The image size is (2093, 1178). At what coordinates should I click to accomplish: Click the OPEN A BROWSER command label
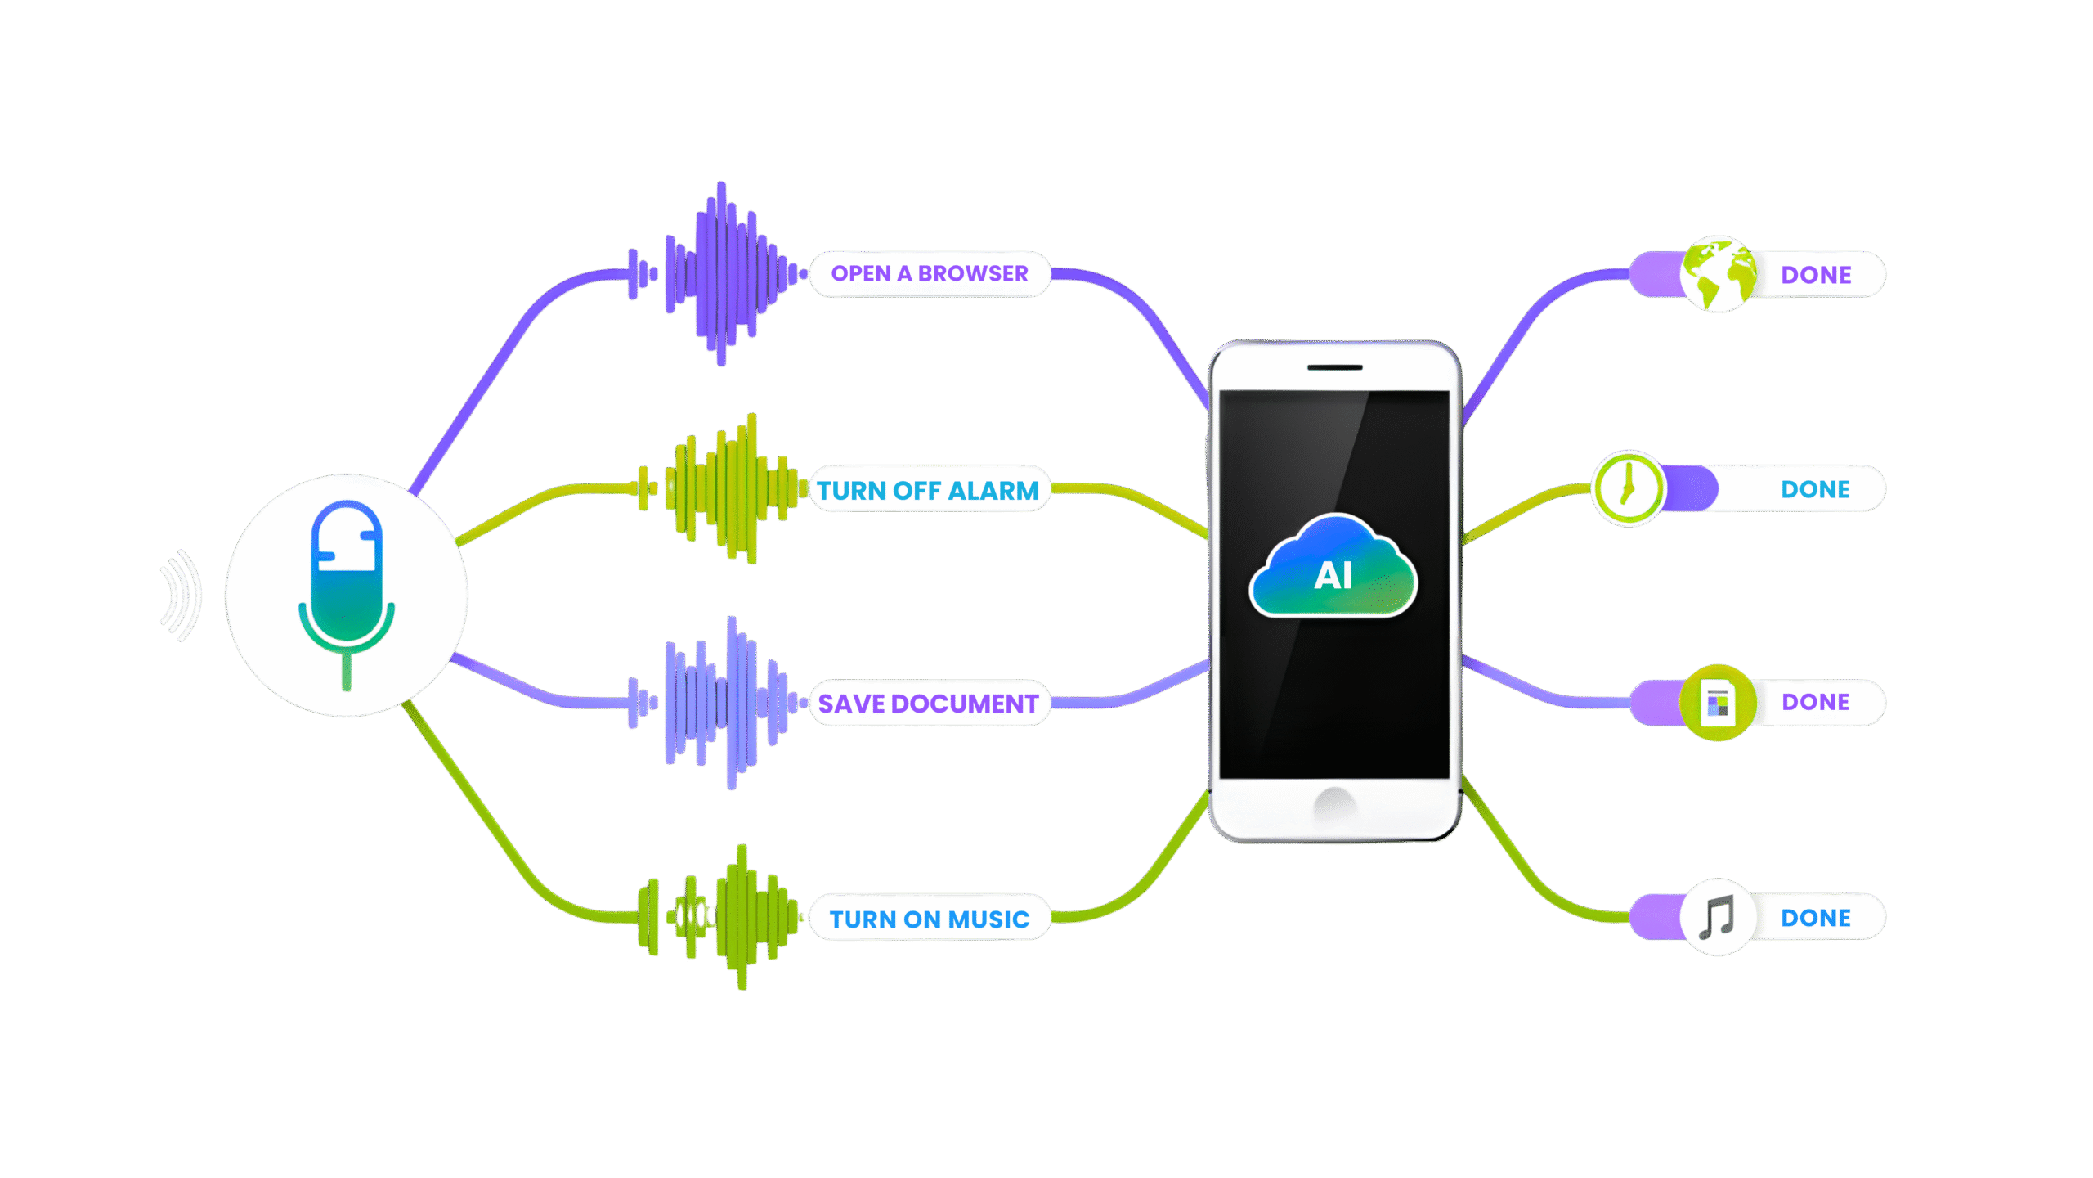point(930,274)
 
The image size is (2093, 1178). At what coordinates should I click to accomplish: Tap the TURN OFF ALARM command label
point(928,490)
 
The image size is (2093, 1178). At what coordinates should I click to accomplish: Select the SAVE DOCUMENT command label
point(928,704)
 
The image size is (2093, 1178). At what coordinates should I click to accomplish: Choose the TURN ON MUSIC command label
point(930,919)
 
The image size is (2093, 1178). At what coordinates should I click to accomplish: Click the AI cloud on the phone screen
point(1333,569)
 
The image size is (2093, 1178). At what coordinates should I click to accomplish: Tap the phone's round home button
point(1334,806)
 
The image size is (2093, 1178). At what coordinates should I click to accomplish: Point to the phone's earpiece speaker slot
point(1334,367)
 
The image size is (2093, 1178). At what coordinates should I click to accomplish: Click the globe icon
point(1718,275)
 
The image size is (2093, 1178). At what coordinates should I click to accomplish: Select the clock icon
point(1628,488)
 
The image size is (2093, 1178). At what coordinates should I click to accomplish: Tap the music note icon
point(1717,917)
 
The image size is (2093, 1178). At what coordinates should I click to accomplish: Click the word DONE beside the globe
point(1816,275)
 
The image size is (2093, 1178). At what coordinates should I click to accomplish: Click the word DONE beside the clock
point(1815,489)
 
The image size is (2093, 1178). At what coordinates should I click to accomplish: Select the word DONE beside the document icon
point(1815,702)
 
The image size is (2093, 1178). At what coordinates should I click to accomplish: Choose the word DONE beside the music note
point(1815,918)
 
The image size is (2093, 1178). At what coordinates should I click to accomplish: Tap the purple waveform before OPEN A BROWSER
point(718,274)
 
